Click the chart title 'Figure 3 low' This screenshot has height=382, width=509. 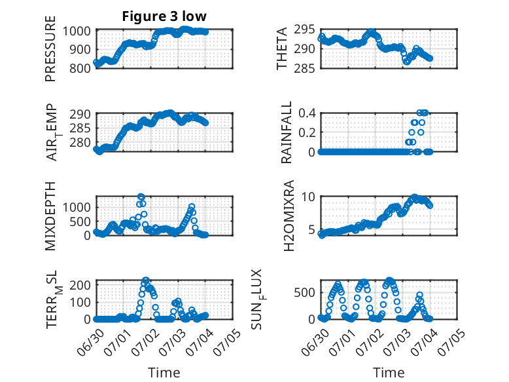coord(164,16)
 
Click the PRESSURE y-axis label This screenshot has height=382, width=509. coord(50,48)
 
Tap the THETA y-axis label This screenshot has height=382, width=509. coord(282,48)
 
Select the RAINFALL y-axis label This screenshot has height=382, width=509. coord(287,132)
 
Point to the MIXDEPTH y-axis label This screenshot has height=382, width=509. coord(50,216)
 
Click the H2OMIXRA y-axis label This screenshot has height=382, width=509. coord(289,216)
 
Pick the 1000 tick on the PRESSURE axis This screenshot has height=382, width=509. coord(77,31)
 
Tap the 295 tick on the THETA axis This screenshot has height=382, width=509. coord(304,29)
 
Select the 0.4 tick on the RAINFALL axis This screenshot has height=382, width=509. coord(307,113)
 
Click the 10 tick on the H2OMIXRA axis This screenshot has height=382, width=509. coord(308,197)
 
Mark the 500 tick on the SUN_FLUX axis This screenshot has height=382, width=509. coord(304,293)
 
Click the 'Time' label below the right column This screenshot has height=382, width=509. coord(389,372)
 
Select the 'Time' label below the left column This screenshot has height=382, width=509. coord(164,372)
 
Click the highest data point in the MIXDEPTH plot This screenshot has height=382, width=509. coord(141,197)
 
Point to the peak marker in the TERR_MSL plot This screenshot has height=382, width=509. coord(146,280)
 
